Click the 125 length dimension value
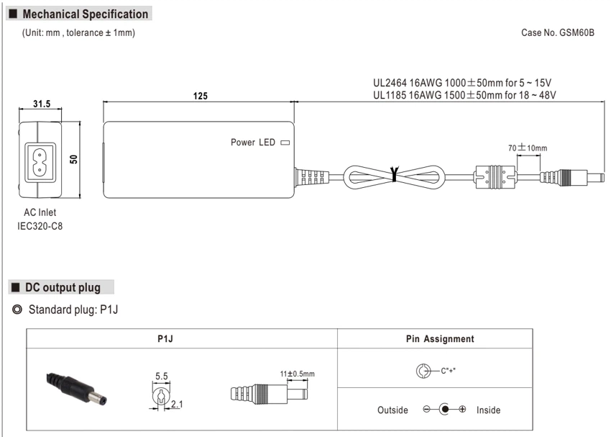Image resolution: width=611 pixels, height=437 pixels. click(201, 96)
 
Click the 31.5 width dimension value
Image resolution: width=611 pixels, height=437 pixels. click(42, 104)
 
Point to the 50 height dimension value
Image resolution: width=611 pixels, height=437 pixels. click(73, 159)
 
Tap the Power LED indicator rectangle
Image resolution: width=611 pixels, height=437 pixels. click(285, 143)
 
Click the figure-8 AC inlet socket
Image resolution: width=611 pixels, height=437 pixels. click(39, 162)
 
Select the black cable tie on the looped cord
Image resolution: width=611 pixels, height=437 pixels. click(395, 174)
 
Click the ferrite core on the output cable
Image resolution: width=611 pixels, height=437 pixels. click(495, 177)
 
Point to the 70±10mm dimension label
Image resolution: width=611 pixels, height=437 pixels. click(528, 148)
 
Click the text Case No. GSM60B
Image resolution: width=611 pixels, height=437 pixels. click(558, 33)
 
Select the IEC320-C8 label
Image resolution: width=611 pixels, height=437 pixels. click(40, 226)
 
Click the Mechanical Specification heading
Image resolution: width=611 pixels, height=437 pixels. click(86, 14)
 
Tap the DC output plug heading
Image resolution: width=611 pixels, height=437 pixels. click(63, 287)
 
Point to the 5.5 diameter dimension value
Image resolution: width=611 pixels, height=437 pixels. click(161, 376)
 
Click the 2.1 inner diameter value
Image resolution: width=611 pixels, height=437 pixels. click(177, 404)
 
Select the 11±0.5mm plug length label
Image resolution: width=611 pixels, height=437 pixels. click(298, 374)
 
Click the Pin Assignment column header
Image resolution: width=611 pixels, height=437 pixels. click(440, 338)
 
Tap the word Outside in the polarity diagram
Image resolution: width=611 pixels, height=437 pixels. click(392, 410)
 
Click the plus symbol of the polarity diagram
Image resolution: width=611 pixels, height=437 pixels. click(462, 410)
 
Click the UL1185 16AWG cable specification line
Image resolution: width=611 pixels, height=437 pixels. click(464, 95)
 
